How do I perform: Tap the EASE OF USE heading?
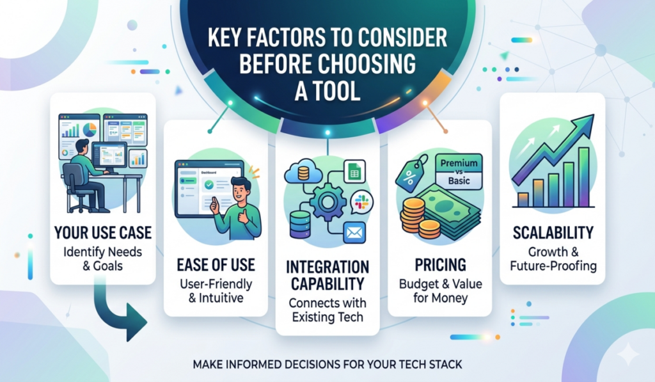215,264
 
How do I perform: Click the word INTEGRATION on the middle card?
327,266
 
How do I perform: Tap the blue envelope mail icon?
353,232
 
